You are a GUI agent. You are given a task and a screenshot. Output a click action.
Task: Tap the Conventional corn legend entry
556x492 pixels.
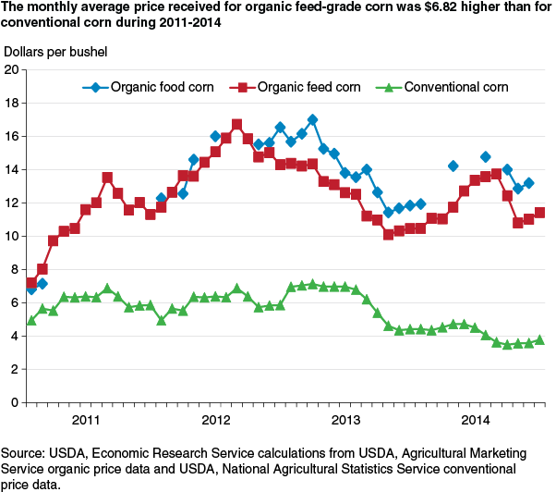pyautogui.click(x=441, y=89)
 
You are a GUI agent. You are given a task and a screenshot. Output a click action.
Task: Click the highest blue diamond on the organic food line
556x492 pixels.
pyautogui.click(x=312, y=119)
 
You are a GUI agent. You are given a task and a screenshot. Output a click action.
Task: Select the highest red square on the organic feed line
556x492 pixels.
pyautogui.click(x=236, y=124)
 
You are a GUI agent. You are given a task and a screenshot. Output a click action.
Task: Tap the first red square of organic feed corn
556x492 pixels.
pyautogui.click(x=31, y=283)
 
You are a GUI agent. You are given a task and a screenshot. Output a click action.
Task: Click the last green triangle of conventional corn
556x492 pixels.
pyautogui.click(x=539, y=339)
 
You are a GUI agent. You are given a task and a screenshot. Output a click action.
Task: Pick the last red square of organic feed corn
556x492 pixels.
pyautogui.click(x=539, y=212)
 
